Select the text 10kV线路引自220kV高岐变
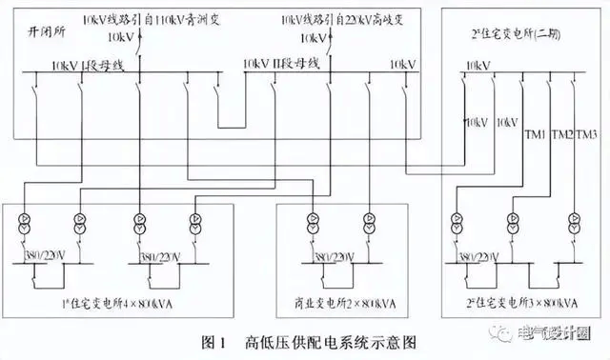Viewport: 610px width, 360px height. point(337,18)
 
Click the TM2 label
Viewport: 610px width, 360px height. point(562,135)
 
